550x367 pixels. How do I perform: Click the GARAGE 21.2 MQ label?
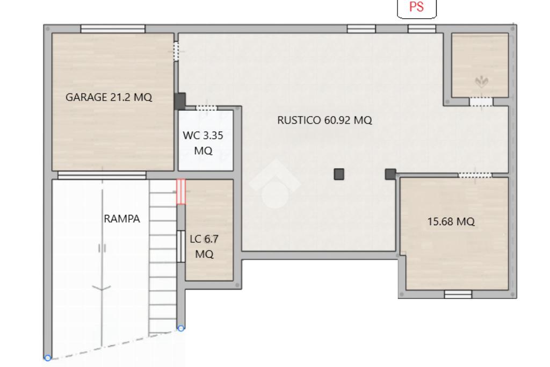(x=108, y=97)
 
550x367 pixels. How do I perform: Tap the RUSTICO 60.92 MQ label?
(x=324, y=120)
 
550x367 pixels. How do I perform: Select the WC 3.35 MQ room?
(x=206, y=140)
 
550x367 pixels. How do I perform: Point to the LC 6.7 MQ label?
(x=204, y=246)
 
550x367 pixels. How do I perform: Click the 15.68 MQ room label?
(x=451, y=221)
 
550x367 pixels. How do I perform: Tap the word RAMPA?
(x=122, y=219)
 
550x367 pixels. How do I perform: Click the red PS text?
(x=416, y=6)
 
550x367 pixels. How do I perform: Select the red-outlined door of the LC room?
(x=180, y=192)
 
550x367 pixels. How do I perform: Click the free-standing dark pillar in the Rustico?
(x=339, y=174)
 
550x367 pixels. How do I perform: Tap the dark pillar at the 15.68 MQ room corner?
(x=390, y=174)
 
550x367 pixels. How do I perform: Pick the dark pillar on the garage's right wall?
(x=180, y=101)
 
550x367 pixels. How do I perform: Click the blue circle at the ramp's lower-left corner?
(x=48, y=358)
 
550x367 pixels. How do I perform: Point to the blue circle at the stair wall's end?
(x=180, y=328)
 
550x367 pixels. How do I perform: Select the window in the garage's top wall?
(x=113, y=29)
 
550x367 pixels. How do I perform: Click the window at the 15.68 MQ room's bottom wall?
(x=458, y=294)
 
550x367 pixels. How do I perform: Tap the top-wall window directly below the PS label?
(x=422, y=29)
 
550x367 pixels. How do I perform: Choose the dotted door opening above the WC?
(x=206, y=107)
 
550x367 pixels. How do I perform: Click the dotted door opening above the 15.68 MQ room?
(x=475, y=175)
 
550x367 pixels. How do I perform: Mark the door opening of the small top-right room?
(x=481, y=102)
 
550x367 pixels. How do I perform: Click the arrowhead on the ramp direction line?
(x=102, y=288)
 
